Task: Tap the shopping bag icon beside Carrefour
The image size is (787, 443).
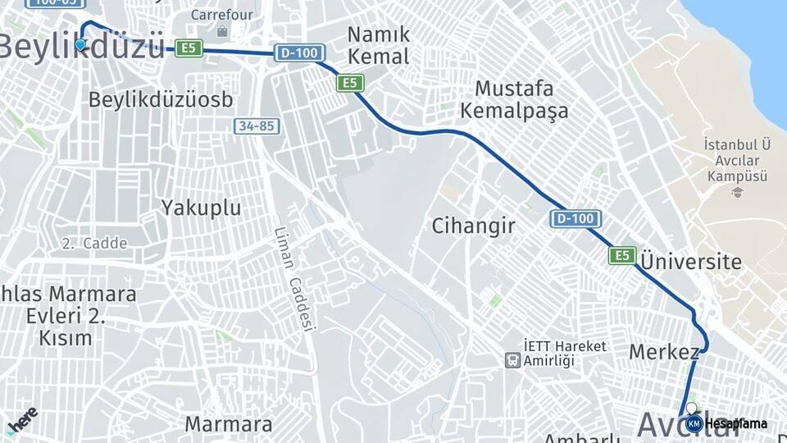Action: (x=223, y=32)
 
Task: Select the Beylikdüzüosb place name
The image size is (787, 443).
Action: (x=161, y=99)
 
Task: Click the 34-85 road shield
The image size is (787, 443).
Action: (x=256, y=126)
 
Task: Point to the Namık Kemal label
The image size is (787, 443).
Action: (x=378, y=45)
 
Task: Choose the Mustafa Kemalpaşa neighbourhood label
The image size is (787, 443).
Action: (x=514, y=99)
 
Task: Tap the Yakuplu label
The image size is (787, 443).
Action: (x=201, y=208)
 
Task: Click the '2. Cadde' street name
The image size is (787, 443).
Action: (x=94, y=244)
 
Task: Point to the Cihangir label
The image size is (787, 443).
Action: (x=474, y=226)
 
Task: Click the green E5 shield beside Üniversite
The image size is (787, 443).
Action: (x=622, y=256)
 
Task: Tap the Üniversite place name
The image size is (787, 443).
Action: (x=690, y=263)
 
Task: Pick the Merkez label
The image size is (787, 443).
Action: (x=664, y=352)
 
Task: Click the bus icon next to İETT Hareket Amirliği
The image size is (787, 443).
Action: (x=512, y=359)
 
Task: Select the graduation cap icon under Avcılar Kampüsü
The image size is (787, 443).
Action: (x=737, y=192)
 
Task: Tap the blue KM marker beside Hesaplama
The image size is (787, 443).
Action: (x=694, y=423)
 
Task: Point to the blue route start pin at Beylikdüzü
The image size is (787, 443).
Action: (x=80, y=44)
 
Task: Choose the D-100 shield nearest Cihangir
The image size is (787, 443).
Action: (x=575, y=219)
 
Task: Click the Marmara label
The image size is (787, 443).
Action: (x=228, y=424)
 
